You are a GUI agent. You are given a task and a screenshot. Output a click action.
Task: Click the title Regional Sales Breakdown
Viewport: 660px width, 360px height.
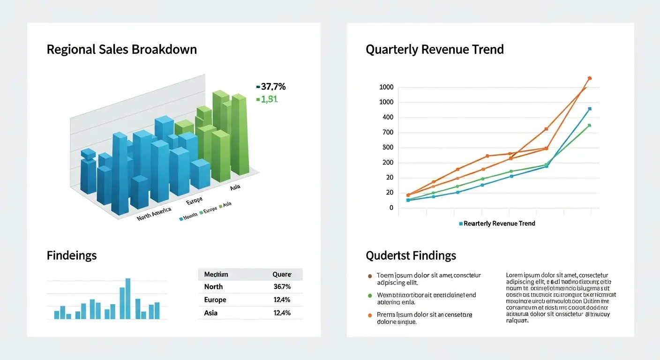point(121,49)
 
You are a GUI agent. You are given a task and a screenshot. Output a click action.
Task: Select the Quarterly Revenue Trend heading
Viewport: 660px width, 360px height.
point(435,49)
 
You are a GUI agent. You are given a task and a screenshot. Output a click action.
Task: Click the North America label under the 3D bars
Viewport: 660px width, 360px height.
point(154,214)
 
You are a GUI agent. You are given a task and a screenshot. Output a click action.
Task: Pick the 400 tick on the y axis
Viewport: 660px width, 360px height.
point(387,117)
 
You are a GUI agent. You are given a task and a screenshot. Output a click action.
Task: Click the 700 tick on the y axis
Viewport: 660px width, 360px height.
point(387,132)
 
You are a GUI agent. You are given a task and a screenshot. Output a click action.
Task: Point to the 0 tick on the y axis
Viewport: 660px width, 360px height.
point(391,208)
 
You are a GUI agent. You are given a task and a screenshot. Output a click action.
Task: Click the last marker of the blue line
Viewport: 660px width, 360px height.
point(589,109)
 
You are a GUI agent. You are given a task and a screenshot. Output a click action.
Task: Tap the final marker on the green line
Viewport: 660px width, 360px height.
point(589,125)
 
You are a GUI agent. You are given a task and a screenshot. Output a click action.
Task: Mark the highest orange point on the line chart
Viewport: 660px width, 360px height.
point(590,78)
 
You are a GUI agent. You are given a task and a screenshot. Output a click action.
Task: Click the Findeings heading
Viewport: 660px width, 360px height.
point(72,255)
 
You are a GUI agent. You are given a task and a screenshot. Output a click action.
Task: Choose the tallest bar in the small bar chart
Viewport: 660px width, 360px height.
point(127,299)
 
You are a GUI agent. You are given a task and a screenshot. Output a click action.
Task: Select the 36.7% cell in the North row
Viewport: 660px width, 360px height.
point(282,287)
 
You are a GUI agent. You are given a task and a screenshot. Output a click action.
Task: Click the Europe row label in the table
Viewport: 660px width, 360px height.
point(215,300)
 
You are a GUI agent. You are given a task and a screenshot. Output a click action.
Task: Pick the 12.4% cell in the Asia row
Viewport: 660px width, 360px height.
point(282,313)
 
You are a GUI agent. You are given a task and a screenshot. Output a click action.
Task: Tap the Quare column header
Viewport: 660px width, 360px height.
point(282,274)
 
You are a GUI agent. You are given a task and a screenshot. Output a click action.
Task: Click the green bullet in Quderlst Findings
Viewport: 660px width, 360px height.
point(370,295)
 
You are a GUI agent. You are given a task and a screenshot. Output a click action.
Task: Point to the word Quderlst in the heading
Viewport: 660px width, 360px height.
point(387,255)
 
